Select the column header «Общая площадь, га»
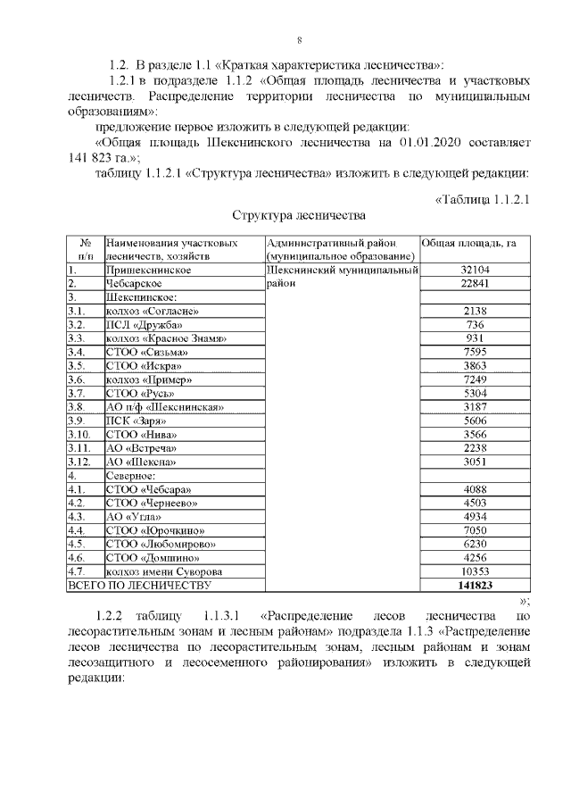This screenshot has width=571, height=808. coord(468,243)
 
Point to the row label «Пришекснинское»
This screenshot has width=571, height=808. coord(149,270)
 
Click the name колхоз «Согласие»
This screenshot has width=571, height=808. coord(152,310)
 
